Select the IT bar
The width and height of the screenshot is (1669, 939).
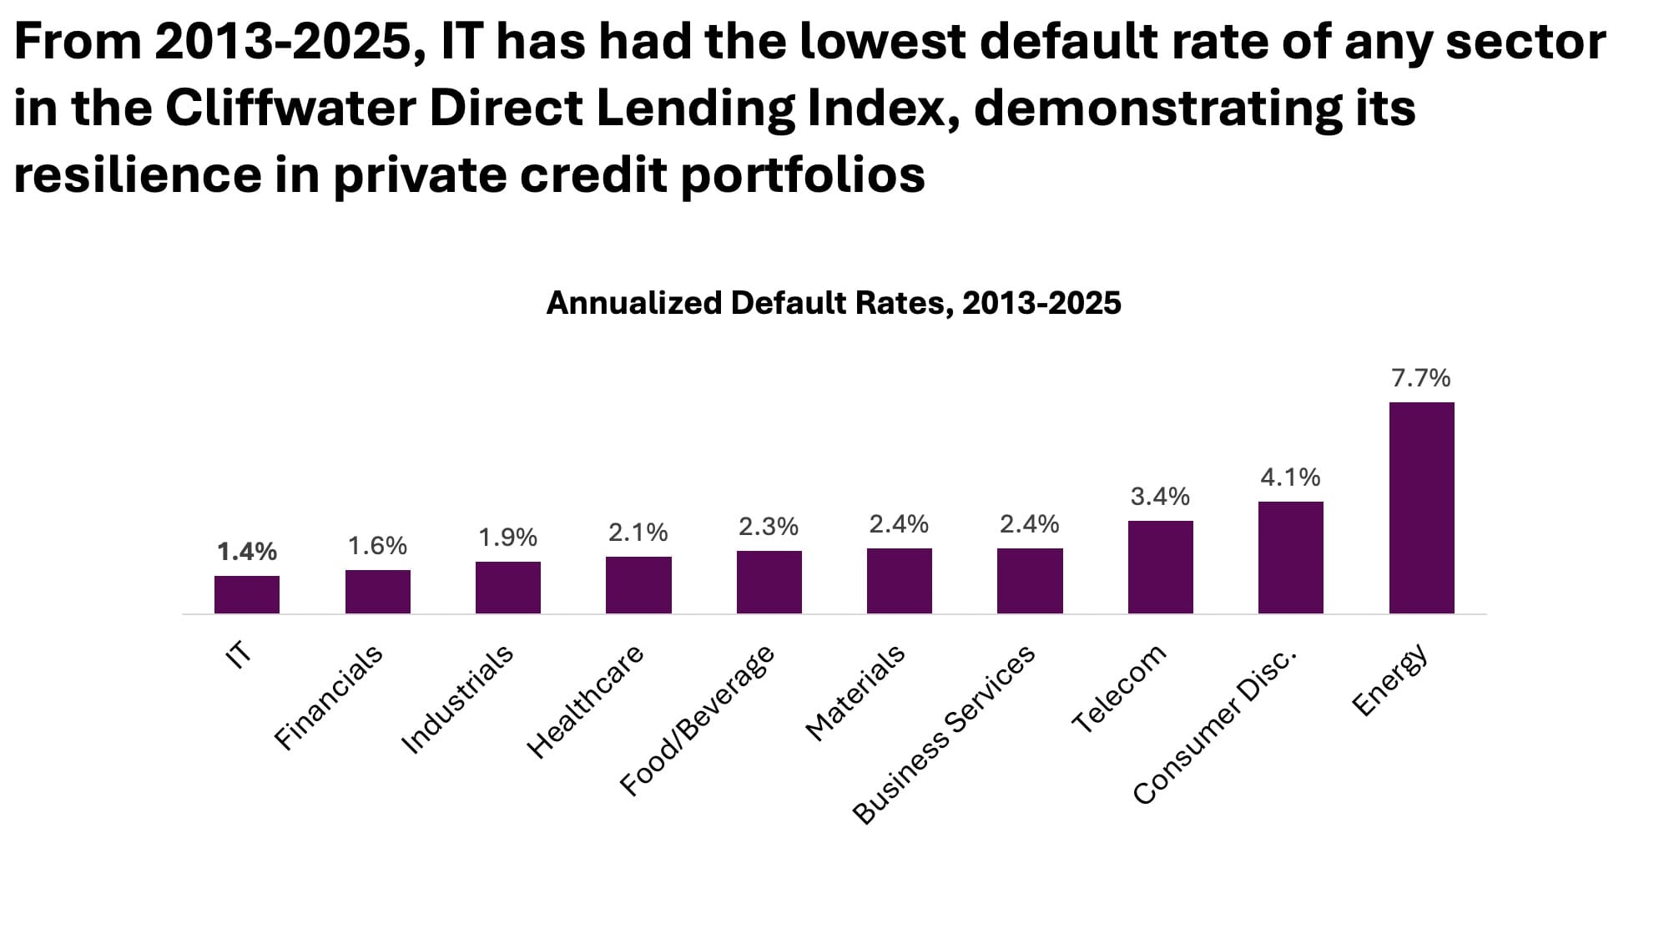[247, 594]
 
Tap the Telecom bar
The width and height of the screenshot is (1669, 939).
[1160, 567]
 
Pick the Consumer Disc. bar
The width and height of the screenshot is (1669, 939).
[1290, 557]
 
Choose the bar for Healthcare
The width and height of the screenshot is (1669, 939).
[638, 584]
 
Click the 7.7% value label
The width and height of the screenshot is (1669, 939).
[1420, 378]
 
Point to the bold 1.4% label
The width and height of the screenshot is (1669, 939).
[247, 551]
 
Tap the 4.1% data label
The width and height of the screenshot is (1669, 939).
[1290, 477]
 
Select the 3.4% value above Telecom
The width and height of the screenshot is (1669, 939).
[1160, 497]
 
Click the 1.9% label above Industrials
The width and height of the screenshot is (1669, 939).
[507, 538]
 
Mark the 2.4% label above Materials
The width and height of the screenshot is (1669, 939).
[899, 524]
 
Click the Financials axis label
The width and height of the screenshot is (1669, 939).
[329, 697]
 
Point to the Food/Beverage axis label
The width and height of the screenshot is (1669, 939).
[697, 721]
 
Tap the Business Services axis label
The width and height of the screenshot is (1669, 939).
[944, 735]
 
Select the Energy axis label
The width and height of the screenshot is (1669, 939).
[1390, 680]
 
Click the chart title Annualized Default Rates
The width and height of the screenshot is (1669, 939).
[833, 303]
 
